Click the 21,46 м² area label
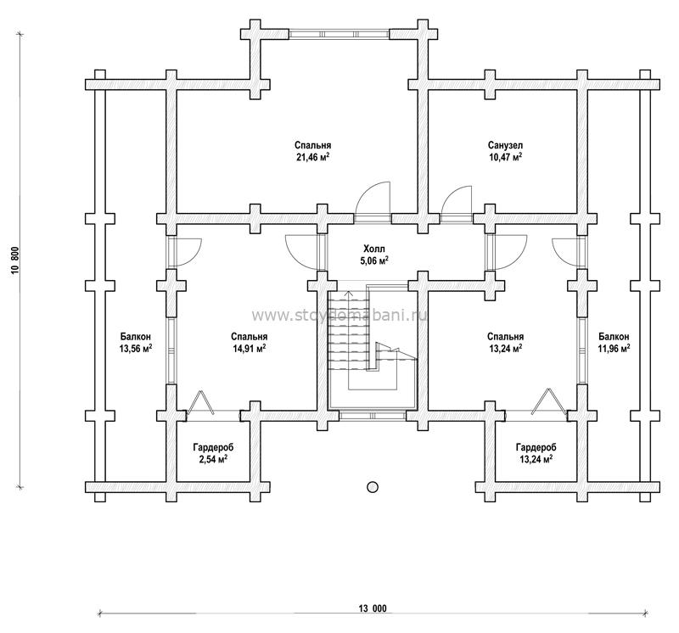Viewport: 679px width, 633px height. pyautogui.click(x=312, y=157)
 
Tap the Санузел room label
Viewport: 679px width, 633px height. pyautogui.click(x=505, y=145)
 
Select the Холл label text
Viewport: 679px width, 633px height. pyautogui.click(x=373, y=249)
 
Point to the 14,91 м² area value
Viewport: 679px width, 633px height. pyautogui.click(x=249, y=348)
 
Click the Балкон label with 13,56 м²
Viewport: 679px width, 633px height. pyautogui.click(x=136, y=336)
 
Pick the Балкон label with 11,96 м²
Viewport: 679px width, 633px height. pyautogui.click(x=614, y=336)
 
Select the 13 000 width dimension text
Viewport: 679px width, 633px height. pyautogui.click(x=373, y=608)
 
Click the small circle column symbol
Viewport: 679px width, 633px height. pyautogui.click(x=372, y=487)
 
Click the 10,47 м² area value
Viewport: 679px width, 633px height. pyautogui.click(x=505, y=157)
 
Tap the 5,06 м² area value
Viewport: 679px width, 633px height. pyautogui.click(x=375, y=260)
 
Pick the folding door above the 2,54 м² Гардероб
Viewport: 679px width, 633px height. pyautogui.click(x=200, y=402)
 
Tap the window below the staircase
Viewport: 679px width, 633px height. pyautogui.click(x=372, y=416)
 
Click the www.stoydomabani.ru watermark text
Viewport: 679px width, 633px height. pyautogui.click(x=339, y=316)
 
